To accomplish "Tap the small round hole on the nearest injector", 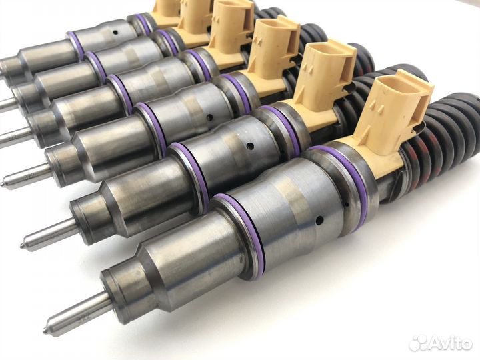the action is [319, 219].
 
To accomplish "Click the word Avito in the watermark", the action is [451, 343].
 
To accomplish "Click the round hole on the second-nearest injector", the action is [250, 145].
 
